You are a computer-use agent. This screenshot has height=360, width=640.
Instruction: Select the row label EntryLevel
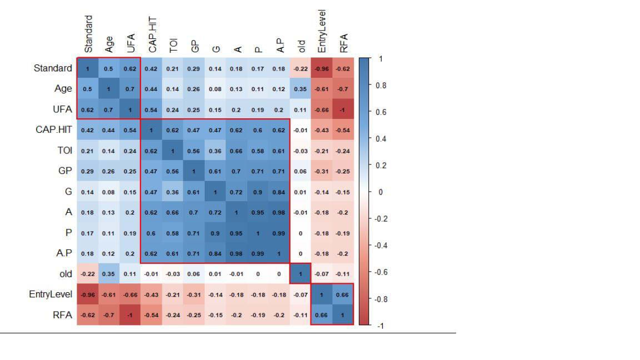point(51,294)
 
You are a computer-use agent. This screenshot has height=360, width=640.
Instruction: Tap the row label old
point(66,273)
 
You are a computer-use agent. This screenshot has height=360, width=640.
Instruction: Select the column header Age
point(109,43)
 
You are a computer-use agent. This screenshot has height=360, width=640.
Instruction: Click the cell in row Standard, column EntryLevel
point(322,69)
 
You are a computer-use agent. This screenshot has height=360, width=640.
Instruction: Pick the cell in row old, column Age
point(109,274)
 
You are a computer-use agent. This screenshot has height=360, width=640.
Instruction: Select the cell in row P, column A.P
point(279,233)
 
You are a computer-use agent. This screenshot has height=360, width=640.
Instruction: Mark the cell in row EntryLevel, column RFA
point(343,294)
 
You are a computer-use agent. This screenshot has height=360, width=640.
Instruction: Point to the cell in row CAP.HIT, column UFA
point(131,130)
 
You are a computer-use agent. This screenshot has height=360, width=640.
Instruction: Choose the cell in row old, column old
point(301,274)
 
